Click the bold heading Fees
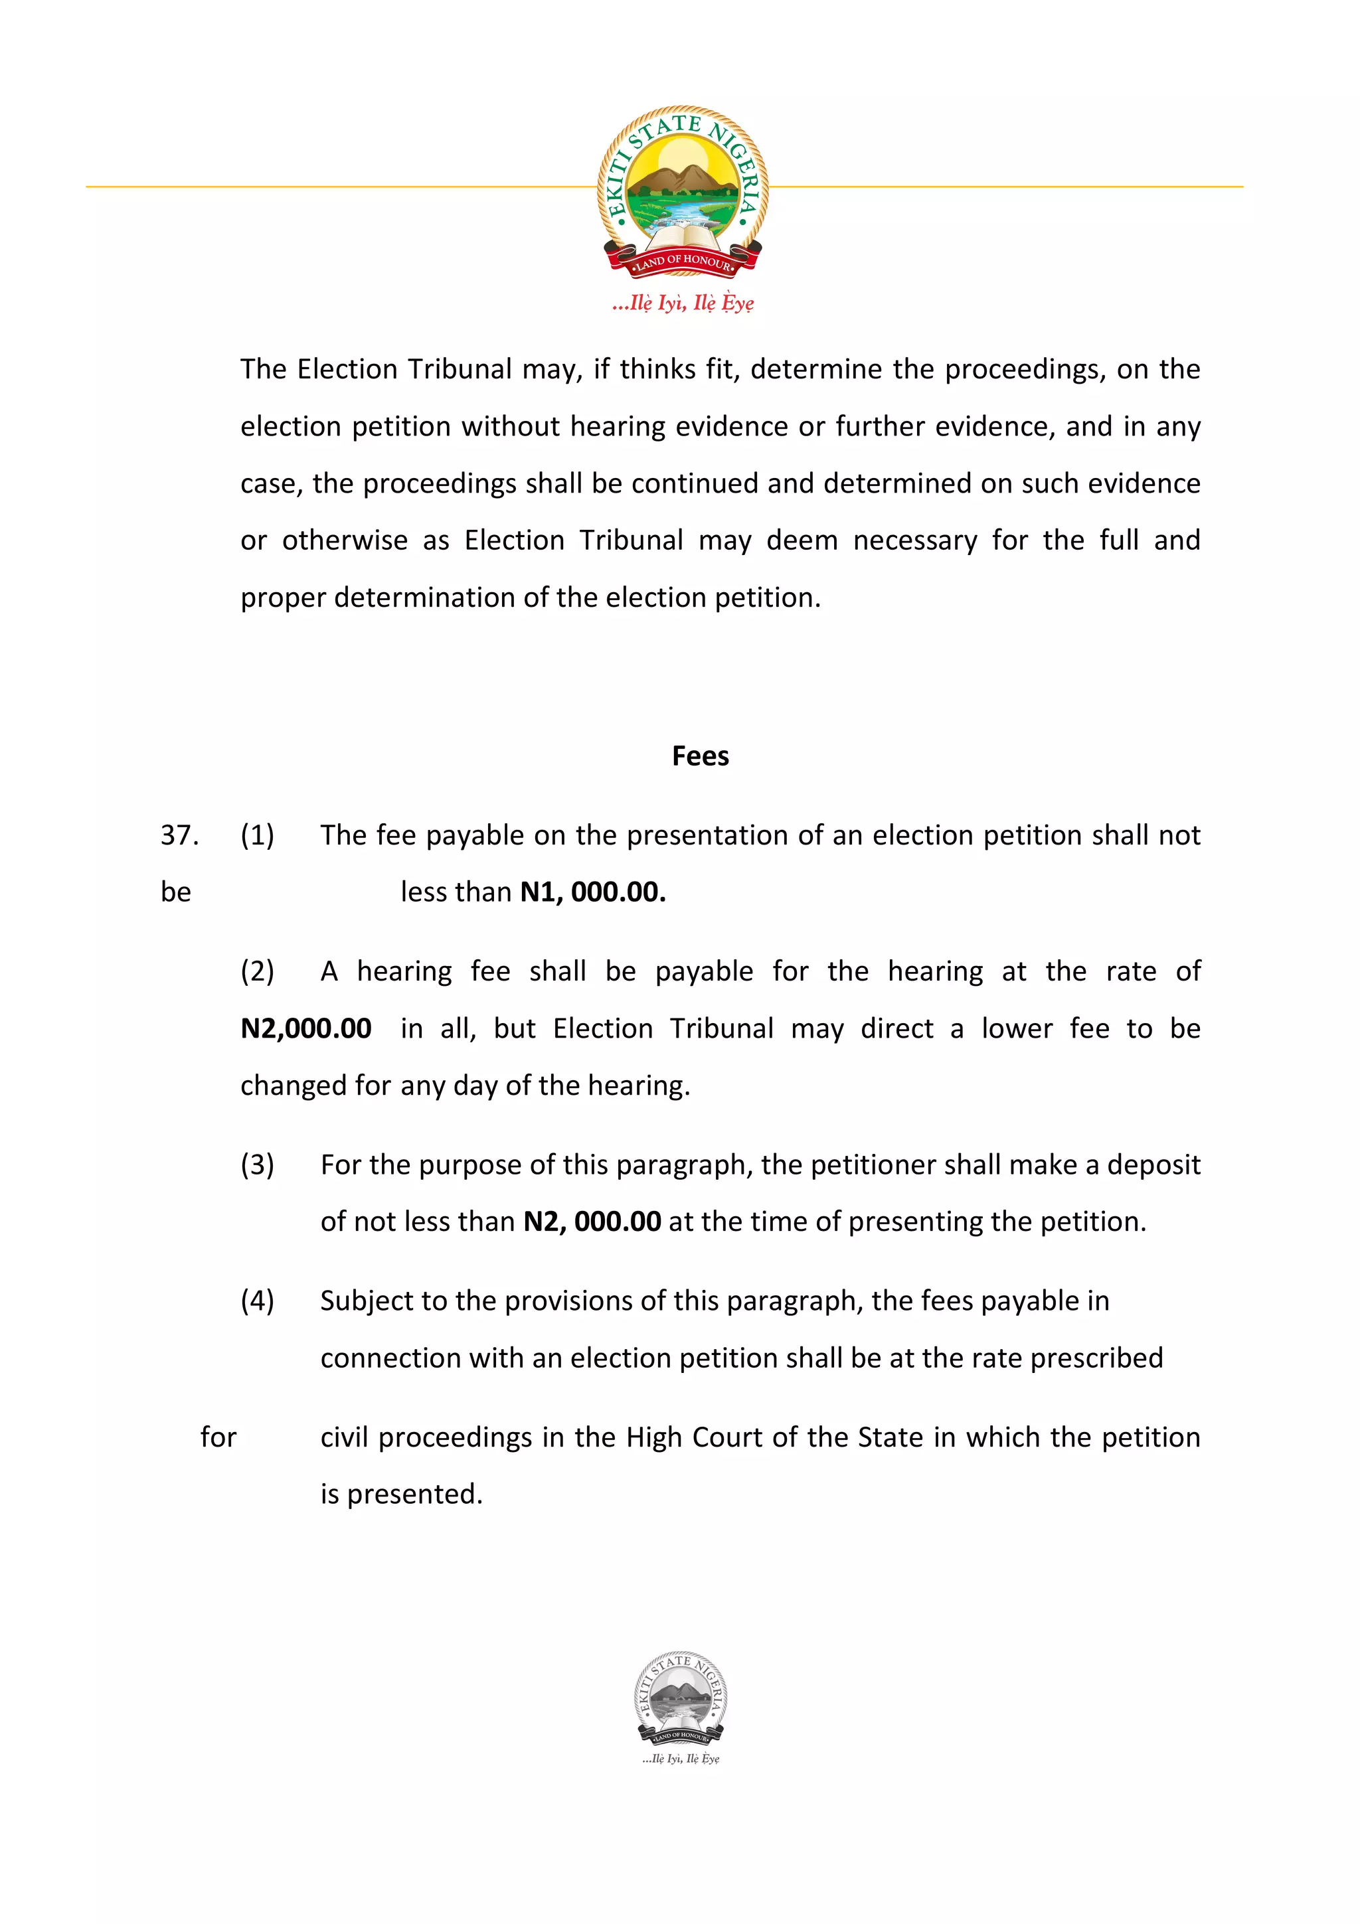700,756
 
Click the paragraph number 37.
179,835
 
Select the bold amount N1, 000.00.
592,892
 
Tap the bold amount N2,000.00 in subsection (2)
306,1028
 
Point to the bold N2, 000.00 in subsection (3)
592,1222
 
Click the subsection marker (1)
257,835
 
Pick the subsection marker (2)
257,971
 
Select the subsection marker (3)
257,1164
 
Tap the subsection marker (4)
257,1301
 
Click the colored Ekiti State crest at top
682,191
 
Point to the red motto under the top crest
683,303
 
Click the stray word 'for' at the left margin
218,1437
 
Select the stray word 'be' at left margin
176,892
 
